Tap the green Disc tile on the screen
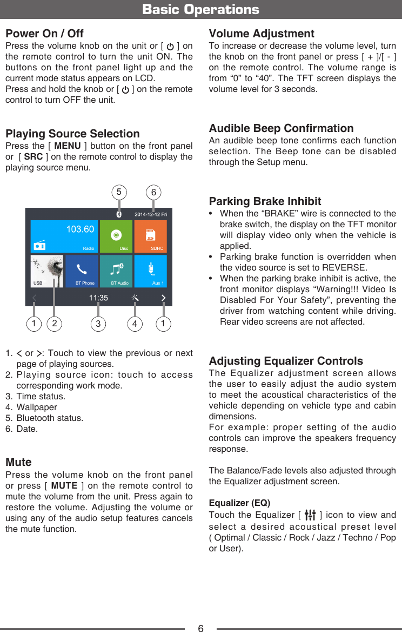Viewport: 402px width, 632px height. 116,236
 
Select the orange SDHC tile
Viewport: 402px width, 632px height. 150,236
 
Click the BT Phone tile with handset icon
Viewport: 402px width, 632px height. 82,271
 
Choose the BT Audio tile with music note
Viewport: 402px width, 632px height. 116,271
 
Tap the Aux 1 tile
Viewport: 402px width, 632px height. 150,271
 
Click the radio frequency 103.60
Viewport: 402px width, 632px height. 80,229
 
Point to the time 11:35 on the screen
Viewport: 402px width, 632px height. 98,298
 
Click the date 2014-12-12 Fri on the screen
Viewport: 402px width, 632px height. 151,215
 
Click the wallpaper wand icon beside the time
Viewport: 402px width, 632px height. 135,298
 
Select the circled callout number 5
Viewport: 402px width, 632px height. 119,192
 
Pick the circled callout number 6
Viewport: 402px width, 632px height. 154,192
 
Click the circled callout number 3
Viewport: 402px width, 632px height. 98,324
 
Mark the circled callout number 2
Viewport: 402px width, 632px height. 54,324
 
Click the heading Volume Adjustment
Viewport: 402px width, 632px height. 262,34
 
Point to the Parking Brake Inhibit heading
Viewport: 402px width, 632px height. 265,201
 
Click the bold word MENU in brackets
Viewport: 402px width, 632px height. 68,146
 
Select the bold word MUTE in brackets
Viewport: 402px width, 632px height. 64,486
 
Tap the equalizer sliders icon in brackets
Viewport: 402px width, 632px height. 310,515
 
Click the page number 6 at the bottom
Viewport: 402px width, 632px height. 200,628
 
